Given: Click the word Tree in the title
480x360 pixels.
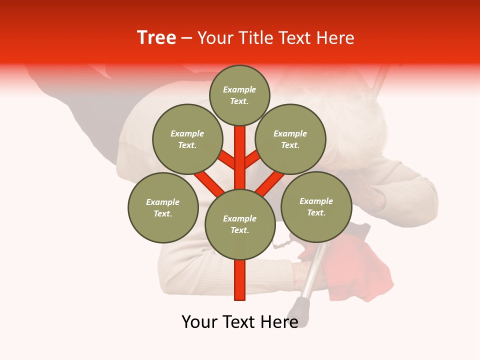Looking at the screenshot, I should (156, 38).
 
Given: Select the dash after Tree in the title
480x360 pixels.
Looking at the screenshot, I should (186, 38).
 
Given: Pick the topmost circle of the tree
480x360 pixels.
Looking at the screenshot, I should (239, 95).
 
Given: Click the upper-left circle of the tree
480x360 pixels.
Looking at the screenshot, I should (187, 139).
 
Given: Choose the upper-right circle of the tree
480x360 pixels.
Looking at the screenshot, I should (290, 139).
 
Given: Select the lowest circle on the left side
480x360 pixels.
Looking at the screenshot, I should (163, 207).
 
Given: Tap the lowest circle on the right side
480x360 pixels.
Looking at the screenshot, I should (316, 206).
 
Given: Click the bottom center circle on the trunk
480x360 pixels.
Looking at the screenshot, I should (240, 224).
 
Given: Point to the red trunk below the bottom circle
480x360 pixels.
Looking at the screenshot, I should (240, 280).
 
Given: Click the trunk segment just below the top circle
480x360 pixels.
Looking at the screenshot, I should (240, 145).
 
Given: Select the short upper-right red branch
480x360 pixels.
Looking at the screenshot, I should (252, 159).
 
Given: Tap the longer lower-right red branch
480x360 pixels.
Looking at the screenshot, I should (270, 183).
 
